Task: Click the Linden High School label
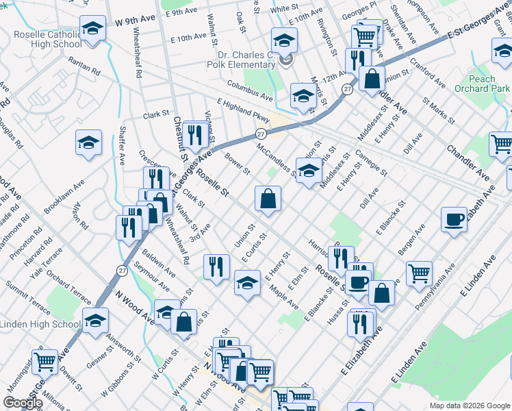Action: coord(41,324)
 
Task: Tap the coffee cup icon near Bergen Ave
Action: coord(454,220)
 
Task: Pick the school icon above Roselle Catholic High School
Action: coord(92,29)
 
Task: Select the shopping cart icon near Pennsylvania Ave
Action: coord(419,273)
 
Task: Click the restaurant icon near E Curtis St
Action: coord(216,266)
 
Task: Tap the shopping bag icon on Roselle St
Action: coord(268,199)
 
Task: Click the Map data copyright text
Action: coord(470,405)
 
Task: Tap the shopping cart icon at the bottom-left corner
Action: coord(44,360)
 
